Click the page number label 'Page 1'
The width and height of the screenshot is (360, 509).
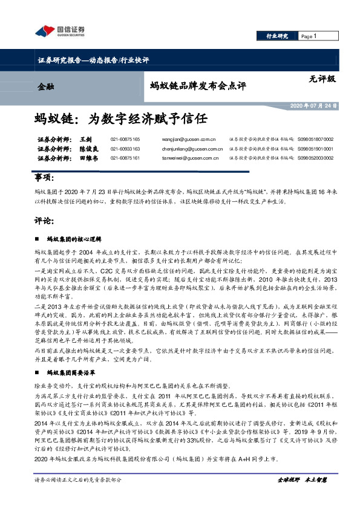[x=309, y=37]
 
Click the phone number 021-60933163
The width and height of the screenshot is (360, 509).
[x=125, y=148]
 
